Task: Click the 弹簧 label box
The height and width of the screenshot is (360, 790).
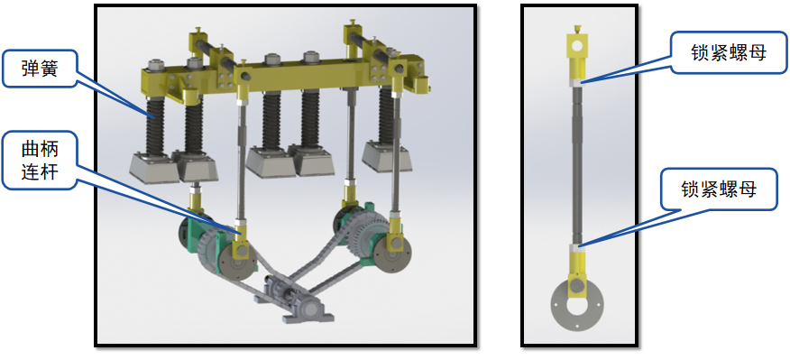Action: (40, 69)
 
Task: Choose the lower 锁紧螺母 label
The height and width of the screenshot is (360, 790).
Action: (719, 189)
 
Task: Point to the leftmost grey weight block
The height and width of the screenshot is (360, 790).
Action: (154, 168)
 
